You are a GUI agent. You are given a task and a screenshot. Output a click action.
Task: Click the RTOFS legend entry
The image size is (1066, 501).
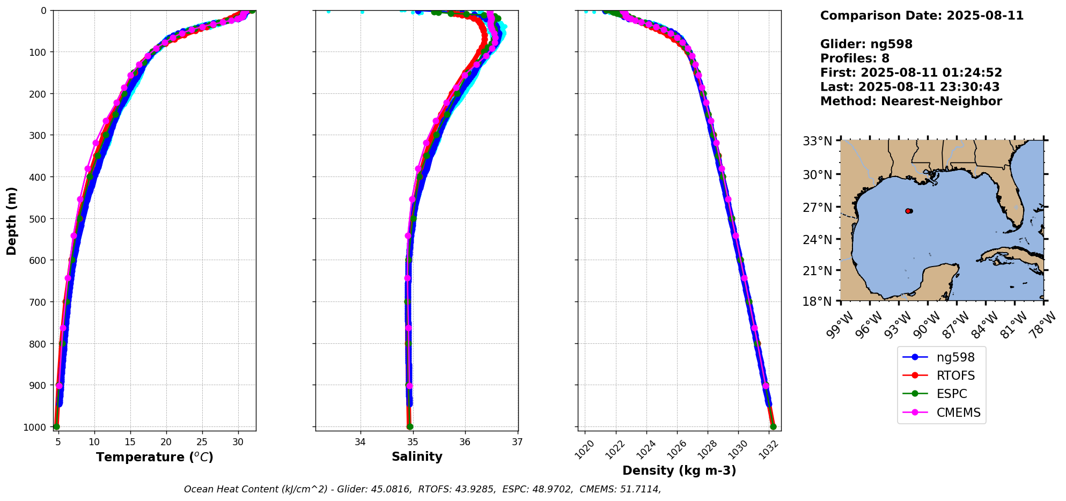[955, 375]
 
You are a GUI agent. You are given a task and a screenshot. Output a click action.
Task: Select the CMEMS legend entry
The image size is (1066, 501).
[958, 412]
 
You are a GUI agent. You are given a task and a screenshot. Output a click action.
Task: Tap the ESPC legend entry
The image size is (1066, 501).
[952, 394]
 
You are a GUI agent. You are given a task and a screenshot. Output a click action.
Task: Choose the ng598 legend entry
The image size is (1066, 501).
[955, 357]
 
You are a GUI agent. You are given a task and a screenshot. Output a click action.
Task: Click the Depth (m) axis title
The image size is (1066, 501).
[12, 220]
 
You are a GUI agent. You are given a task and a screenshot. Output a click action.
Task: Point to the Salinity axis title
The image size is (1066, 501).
[417, 457]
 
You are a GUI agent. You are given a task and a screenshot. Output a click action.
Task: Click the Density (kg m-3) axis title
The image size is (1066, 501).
[679, 471]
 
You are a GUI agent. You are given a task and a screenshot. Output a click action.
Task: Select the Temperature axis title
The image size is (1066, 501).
[155, 458]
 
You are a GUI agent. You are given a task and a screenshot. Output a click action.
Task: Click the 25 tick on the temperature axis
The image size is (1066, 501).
[202, 442]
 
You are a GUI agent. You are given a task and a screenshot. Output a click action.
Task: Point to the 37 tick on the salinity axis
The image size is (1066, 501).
[517, 442]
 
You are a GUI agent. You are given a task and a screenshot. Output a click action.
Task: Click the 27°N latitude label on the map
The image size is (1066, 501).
[817, 207]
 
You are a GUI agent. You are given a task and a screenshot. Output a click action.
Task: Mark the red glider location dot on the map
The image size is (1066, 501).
[908, 211]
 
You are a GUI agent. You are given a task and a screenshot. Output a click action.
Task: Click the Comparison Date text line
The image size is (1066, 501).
[922, 16]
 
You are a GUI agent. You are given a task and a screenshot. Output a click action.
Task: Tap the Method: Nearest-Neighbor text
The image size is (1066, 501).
[911, 101]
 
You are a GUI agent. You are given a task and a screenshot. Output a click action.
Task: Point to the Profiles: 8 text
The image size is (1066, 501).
[855, 58]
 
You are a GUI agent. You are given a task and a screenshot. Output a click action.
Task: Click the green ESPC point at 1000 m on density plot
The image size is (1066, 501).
[773, 426]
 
